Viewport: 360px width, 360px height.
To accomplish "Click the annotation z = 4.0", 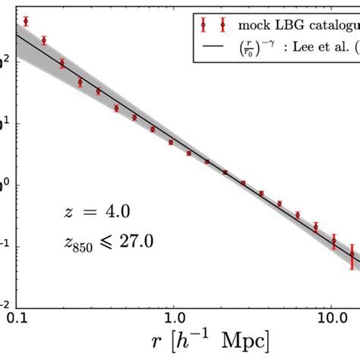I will click(94, 213).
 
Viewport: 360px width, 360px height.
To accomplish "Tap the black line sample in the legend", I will click(213, 48).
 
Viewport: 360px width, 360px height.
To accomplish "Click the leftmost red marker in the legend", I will click(202, 24).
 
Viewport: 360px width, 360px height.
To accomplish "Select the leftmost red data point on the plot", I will click(26, 21).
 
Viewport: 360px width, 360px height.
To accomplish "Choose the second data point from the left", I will click(44, 40).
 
